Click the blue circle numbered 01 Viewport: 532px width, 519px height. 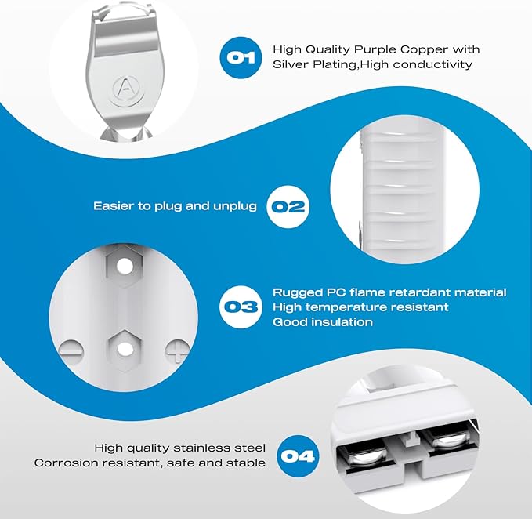tap(241, 58)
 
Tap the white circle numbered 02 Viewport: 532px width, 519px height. tap(288, 207)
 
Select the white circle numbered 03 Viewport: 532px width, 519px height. tap(241, 307)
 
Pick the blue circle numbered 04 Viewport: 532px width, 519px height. tap(299, 456)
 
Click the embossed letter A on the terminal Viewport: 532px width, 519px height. tap(126, 87)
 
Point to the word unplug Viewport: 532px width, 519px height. tap(235, 206)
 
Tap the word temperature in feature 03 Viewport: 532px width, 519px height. tap(346, 307)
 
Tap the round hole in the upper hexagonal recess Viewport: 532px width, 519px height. tap(125, 267)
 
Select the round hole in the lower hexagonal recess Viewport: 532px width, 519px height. tap(125, 350)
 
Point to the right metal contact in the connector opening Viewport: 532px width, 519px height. tap(447, 441)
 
